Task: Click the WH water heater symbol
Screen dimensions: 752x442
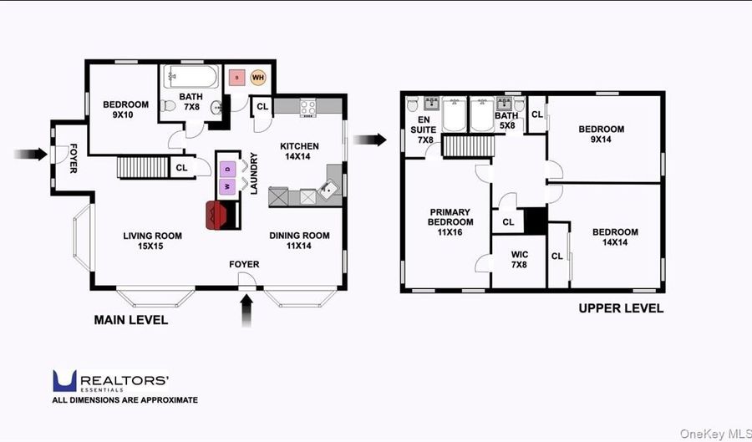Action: (258, 77)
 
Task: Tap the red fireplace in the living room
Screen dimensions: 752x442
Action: (216, 215)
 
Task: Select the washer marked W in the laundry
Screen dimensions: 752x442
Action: (227, 186)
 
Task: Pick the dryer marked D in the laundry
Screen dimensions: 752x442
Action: (227, 170)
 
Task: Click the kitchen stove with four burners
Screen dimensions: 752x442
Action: (307, 108)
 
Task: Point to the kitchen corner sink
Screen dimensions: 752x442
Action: (329, 189)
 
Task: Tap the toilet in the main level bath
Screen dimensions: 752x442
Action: (168, 105)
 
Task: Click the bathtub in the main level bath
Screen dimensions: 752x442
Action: (191, 77)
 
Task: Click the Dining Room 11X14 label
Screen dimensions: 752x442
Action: (299, 241)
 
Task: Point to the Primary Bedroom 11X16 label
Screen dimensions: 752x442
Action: (450, 222)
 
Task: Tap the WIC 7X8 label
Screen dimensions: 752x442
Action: (519, 259)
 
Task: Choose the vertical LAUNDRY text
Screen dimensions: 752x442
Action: (254, 173)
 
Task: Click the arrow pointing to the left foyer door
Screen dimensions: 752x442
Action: (31, 154)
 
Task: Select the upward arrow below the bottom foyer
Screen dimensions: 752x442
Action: (246, 311)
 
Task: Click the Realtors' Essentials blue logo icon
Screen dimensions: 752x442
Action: (64, 381)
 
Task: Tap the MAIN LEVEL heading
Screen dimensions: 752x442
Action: (131, 320)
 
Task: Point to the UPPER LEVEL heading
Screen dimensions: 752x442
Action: (621, 308)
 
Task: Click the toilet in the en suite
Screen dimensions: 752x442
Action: (412, 104)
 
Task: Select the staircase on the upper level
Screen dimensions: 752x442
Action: (468, 146)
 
